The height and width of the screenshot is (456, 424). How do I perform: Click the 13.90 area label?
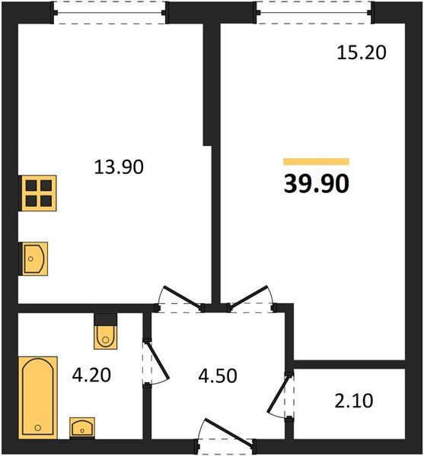(119, 167)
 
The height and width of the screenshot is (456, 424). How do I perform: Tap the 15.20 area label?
(362, 53)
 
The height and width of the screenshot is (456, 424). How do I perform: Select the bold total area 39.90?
(316, 184)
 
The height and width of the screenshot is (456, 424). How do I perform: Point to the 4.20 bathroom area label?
(91, 375)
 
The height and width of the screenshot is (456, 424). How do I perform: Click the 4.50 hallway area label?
(218, 375)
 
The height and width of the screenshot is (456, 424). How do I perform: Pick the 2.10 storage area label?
(354, 401)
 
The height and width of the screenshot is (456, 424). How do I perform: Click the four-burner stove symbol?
(37, 193)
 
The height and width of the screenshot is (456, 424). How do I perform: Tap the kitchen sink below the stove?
(33, 258)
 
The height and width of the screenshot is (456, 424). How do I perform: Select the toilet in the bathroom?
(105, 337)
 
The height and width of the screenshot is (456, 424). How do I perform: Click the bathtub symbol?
(38, 397)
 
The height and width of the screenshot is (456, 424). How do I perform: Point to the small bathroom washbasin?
(82, 428)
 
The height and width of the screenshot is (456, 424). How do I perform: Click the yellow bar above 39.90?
(316, 161)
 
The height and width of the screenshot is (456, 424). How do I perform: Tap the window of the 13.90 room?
(110, 13)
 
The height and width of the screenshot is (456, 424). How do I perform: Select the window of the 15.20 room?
(314, 13)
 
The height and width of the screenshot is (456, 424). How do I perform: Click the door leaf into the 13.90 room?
(182, 297)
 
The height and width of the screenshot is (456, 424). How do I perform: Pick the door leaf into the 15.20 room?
(248, 297)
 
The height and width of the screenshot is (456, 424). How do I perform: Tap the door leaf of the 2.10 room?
(279, 394)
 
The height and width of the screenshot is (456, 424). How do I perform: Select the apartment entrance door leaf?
(228, 432)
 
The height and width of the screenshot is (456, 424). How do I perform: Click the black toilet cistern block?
(105, 319)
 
